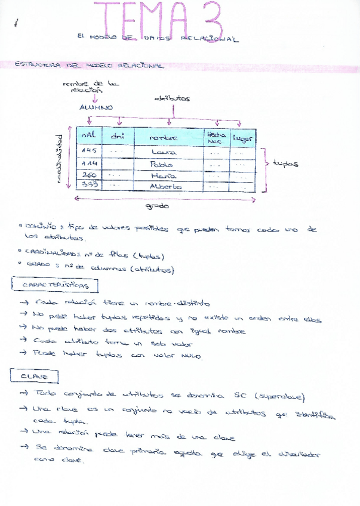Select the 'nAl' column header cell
[90, 137]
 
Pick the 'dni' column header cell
[118, 137]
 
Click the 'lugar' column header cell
[243, 138]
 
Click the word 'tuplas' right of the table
[285, 163]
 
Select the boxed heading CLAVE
[33, 377]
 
